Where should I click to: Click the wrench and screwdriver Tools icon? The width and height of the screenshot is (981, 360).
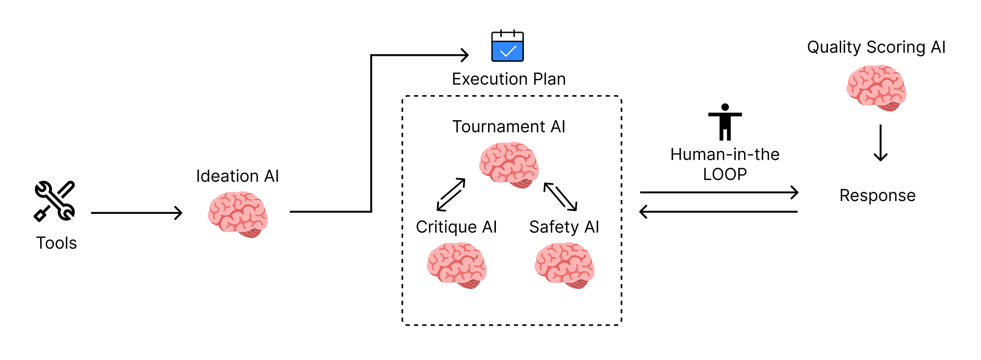click(54, 201)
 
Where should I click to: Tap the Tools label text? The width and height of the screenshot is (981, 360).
click(56, 243)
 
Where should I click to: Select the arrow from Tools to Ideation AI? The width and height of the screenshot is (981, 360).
click(136, 213)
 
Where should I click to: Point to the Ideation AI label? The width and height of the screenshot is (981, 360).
click(237, 176)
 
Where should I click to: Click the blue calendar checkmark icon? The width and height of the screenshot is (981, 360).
click(508, 46)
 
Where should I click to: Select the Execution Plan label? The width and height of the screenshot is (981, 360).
click(509, 79)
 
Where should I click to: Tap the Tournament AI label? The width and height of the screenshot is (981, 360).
click(509, 127)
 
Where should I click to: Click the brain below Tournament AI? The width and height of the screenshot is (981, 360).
click(509, 165)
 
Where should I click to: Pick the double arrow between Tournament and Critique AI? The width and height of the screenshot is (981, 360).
click(451, 195)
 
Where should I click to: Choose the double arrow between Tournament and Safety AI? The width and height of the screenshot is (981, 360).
click(561, 197)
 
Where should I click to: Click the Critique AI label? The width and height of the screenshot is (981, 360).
click(456, 227)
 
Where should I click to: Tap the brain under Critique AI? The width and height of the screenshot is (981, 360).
click(457, 265)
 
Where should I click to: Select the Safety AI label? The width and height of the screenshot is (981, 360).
click(564, 227)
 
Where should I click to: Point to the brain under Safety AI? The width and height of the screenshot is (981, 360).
click(565, 265)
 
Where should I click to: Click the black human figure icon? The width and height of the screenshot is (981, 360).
click(725, 122)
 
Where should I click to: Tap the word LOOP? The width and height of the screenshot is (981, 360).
click(725, 174)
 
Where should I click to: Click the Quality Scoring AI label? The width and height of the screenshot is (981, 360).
click(876, 47)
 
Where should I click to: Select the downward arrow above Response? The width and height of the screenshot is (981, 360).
click(881, 143)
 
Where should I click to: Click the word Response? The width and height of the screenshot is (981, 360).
click(878, 196)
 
